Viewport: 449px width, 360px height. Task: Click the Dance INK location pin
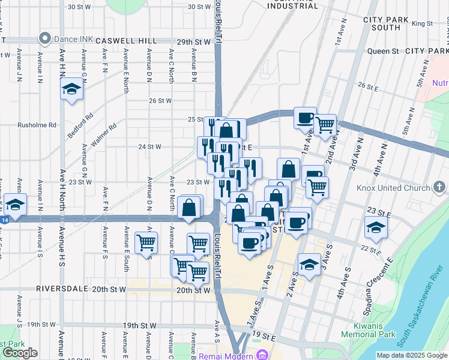(45, 40)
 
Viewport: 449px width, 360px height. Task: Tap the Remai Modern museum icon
(262, 355)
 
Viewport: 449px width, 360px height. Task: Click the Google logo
(20, 353)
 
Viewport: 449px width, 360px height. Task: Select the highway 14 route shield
(5, 220)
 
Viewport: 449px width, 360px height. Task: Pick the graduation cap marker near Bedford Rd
(72, 90)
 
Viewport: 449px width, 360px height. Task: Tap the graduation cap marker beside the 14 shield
(16, 203)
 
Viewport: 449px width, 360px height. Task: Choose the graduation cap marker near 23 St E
(376, 228)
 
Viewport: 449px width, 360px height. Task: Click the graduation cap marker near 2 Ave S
(309, 265)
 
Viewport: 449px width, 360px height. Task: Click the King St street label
(422, 23)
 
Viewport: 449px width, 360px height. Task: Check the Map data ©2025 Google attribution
(411, 355)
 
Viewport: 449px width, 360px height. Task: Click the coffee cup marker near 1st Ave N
(305, 117)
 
